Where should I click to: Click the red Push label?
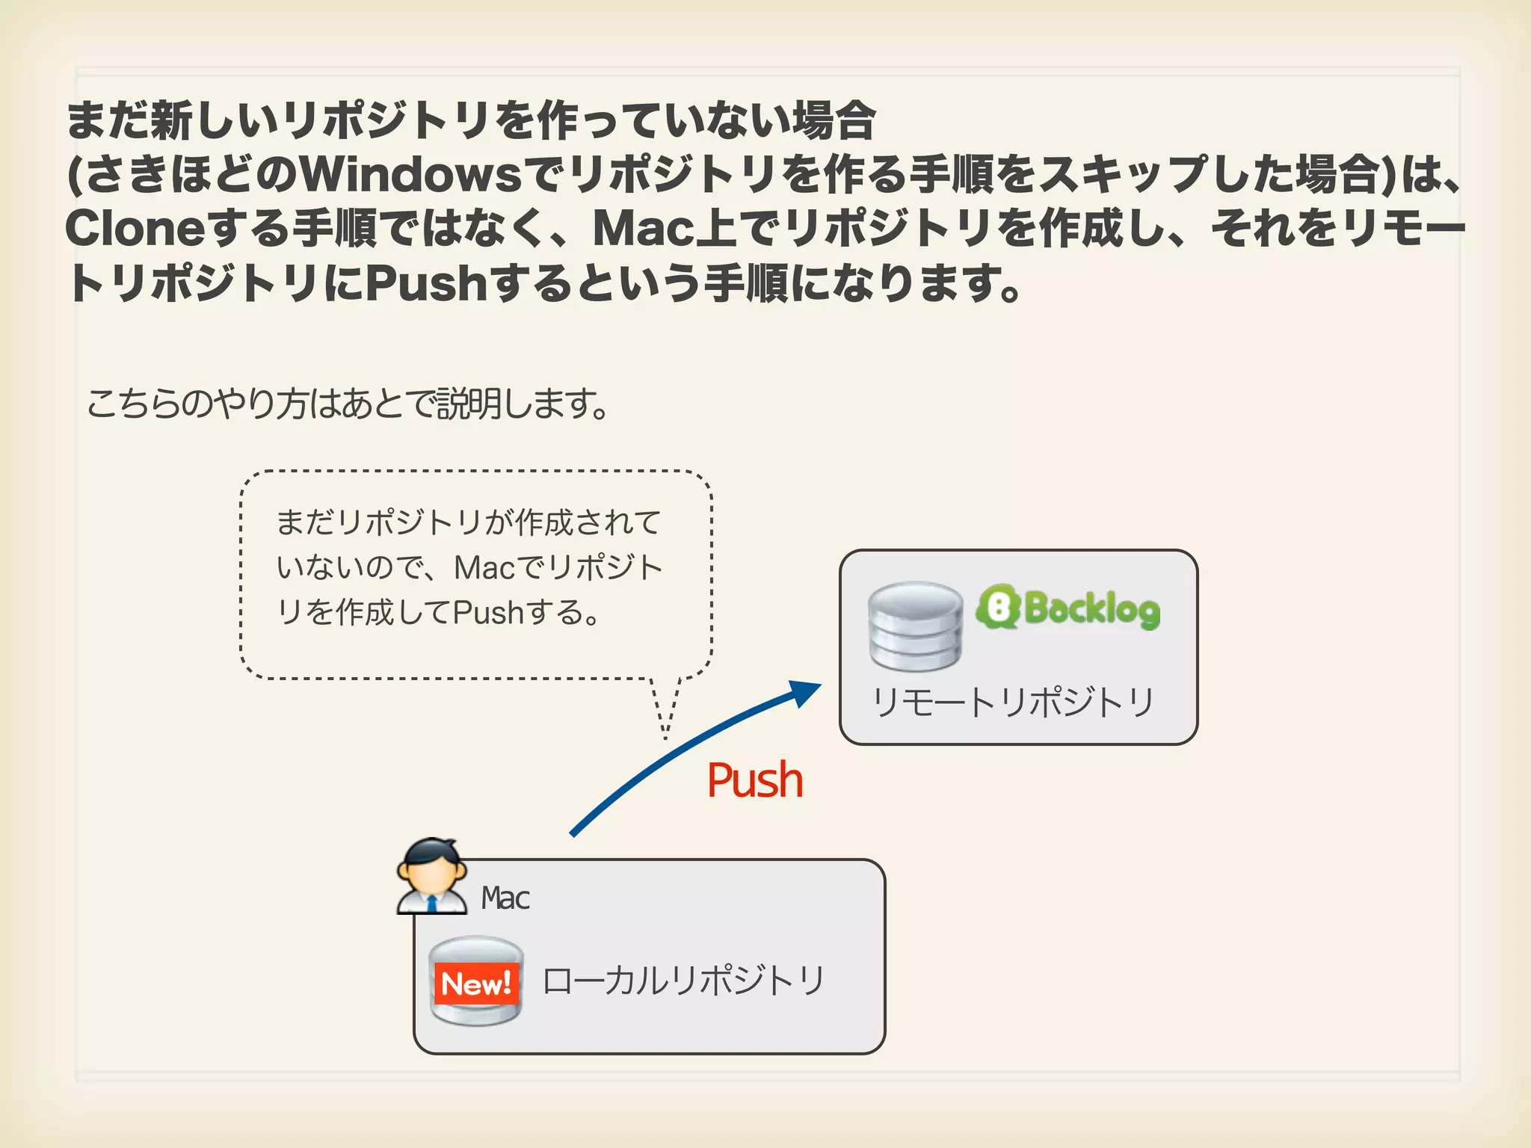point(755,780)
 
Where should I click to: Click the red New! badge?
point(476,984)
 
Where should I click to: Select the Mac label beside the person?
point(505,898)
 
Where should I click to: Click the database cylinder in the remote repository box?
point(915,626)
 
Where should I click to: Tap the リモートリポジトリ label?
point(1014,703)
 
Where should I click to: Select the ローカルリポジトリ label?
point(683,981)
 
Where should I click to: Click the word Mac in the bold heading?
point(642,229)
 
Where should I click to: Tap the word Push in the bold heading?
point(427,283)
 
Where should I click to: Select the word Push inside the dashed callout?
point(487,613)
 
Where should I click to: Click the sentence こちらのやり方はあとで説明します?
point(348,404)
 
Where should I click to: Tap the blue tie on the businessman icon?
point(432,903)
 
